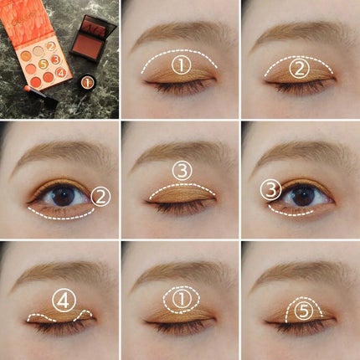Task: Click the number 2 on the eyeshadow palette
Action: pyautogui.click(x=51, y=47)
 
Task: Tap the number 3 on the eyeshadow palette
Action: pyautogui.click(x=56, y=59)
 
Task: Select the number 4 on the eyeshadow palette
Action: pyautogui.click(x=61, y=73)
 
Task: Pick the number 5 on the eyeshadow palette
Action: pyautogui.click(x=43, y=64)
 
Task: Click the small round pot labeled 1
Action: pyautogui.click(x=86, y=82)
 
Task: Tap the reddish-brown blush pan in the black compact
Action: pyautogui.click(x=86, y=44)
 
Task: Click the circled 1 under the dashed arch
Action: pyautogui.click(x=182, y=66)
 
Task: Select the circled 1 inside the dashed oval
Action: pyautogui.click(x=182, y=299)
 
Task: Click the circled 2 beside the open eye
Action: pyautogui.click(x=100, y=197)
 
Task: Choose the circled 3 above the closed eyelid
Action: pyautogui.click(x=183, y=171)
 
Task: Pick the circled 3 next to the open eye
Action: pyautogui.click(x=270, y=190)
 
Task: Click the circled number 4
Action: pyautogui.click(x=64, y=300)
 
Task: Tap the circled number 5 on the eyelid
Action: pyautogui.click(x=304, y=311)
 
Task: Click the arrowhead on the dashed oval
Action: pyautogui.click(x=182, y=312)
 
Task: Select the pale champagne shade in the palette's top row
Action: pyautogui.click(x=39, y=50)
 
